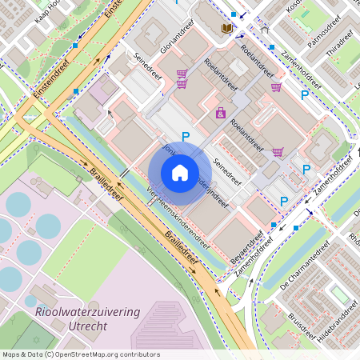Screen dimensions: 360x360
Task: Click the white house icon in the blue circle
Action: (x=180, y=173)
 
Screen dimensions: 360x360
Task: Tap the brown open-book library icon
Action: (x=227, y=29)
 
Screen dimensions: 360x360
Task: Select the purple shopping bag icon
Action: (x=220, y=114)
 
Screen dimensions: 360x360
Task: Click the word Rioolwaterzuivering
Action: (x=88, y=310)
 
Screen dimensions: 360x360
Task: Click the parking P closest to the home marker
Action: (x=186, y=138)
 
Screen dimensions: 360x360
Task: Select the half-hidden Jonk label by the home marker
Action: (x=169, y=150)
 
